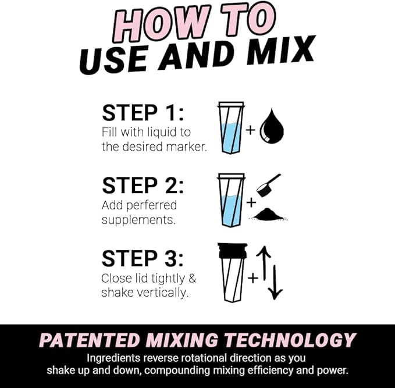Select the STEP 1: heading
click(143, 113)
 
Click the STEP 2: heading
click(143, 186)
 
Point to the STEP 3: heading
click(143, 258)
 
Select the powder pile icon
click(269, 214)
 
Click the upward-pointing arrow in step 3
click(264, 262)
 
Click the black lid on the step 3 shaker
click(232, 251)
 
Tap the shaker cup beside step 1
click(231, 127)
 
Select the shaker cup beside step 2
click(231, 200)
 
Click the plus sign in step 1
click(250, 130)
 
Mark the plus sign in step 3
click(252, 278)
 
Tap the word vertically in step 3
click(162, 293)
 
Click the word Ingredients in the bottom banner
click(116, 358)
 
